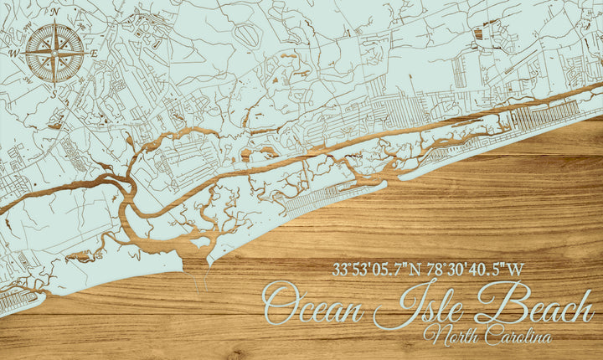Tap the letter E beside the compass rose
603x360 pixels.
point(94,53)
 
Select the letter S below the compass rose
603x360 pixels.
point(54,93)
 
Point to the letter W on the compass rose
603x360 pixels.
point(14,53)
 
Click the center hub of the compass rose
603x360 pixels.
point(54,53)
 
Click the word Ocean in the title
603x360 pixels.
point(313,306)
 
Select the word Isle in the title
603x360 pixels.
point(418,306)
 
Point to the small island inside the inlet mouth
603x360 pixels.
point(200,245)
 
